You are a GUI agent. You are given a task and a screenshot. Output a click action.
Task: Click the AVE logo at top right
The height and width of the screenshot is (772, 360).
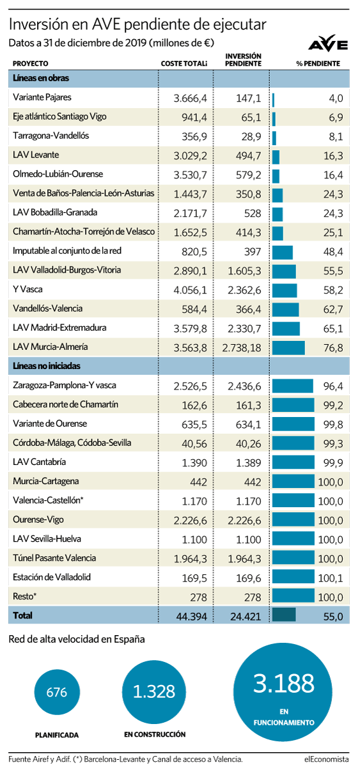[x=327, y=43]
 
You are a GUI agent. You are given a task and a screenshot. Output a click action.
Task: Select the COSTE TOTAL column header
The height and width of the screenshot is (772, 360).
[x=184, y=63]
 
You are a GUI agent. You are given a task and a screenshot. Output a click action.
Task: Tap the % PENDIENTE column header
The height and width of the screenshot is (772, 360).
[x=318, y=63]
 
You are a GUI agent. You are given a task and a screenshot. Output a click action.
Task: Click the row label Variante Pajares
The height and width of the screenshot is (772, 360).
[x=42, y=97]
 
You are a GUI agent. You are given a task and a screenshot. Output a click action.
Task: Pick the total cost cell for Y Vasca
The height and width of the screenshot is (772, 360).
[x=190, y=290]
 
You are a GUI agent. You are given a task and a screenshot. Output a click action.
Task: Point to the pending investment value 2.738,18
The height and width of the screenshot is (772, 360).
[x=242, y=348]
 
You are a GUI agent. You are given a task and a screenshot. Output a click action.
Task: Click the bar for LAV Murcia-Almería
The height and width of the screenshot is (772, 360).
[x=288, y=348]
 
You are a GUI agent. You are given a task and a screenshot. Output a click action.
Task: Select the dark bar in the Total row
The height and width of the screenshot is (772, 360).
[x=284, y=615]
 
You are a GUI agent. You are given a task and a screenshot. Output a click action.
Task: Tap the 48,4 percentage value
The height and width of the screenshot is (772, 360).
[x=333, y=252]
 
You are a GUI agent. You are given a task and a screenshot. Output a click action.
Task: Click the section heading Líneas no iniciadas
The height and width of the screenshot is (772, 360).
[x=47, y=366]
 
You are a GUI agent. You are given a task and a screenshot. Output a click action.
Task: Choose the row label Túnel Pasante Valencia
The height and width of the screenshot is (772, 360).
[x=54, y=558]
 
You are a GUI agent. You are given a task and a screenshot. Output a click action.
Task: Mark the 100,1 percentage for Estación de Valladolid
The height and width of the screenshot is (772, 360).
[x=331, y=578]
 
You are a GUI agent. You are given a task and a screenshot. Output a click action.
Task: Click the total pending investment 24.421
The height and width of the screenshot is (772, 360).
[x=246, y=616]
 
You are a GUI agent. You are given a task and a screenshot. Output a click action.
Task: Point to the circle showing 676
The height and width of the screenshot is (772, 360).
[x=57, y=692]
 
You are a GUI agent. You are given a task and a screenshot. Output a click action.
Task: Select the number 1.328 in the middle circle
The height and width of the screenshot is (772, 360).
[x=154, y=691]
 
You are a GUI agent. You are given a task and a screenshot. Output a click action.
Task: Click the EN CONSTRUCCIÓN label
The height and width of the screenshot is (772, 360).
[x=155, y=734]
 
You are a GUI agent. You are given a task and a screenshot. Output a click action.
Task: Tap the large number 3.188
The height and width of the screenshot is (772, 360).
[x=284, y=683]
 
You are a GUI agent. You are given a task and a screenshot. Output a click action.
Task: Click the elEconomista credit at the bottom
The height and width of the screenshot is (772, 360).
[x=326, y=759]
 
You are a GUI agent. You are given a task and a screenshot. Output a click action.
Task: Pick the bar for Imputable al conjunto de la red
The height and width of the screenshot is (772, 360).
[x=283, y=252]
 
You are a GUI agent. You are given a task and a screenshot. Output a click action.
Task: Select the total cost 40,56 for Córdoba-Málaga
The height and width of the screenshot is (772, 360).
[x=194, y=444]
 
